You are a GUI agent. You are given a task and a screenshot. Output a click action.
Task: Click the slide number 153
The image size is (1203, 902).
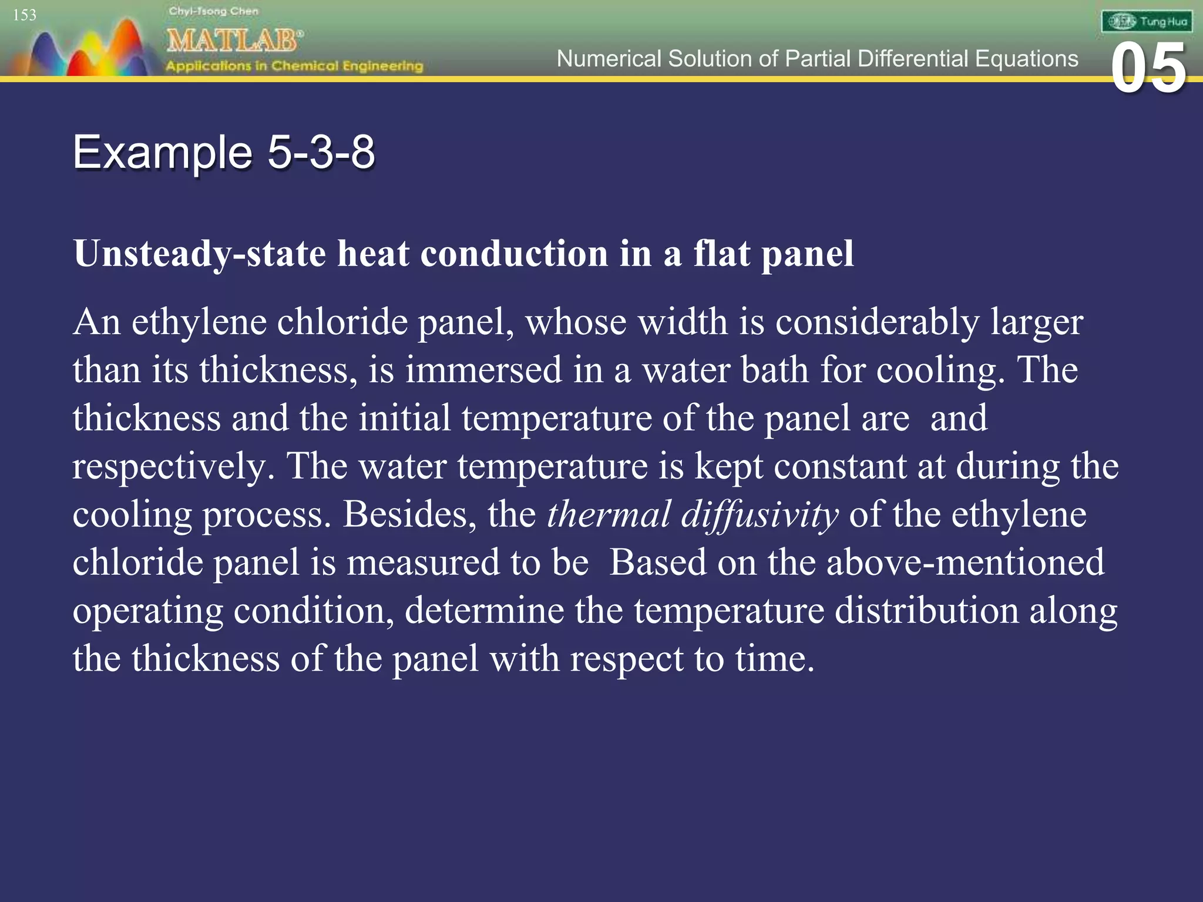click(25, 15)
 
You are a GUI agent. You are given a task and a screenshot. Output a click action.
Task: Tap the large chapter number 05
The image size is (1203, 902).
click(1148, 69)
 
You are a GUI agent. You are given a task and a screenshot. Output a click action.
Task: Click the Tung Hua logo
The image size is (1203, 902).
click(1147, 22)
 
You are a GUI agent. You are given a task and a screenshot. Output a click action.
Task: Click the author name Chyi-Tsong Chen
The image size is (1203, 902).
click(213, 11)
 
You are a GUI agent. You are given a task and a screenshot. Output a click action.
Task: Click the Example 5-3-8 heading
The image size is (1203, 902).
click(224, 152)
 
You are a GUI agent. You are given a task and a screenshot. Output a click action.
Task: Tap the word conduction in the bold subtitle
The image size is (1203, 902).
click(515, 254)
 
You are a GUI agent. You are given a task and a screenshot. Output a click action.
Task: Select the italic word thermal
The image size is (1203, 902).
click(609, 514)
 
